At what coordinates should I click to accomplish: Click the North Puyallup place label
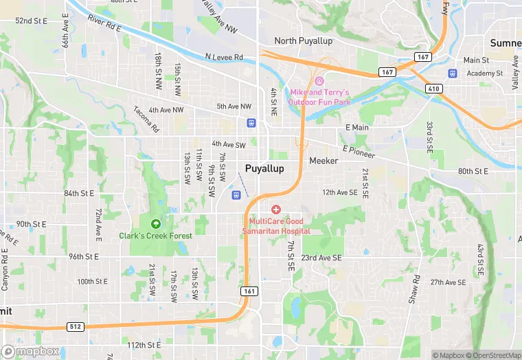click(x=303, y=41)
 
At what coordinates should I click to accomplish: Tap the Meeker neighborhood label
click(x=324, y=161)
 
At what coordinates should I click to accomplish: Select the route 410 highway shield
click(x=433, y=89)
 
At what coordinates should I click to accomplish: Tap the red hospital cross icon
click(x=276, y=209)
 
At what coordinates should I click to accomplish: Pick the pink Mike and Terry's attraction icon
click(x=319, y=82)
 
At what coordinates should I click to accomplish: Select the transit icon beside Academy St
click(x=452, y=74)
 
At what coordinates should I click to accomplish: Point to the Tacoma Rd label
click(x=146, y=119)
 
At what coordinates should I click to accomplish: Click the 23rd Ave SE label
click(x=321, y=258)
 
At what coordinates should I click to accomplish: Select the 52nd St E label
click(x=32, y=21)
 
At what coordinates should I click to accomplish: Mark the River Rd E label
click(x=104, y=23)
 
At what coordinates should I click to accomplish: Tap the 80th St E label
click(x=473, y=171)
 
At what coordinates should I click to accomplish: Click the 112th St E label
click(x=144, y=344)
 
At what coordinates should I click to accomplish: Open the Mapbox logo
click(x=30, y=351)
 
